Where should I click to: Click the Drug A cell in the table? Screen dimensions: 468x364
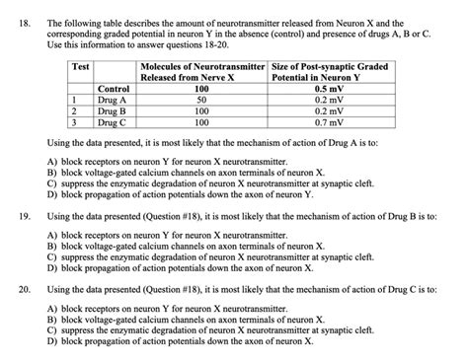click(x=114, y=100)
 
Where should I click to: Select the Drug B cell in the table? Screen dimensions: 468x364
click(x=114, y=111)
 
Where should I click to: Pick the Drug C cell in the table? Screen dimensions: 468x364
click(x=114, y=123)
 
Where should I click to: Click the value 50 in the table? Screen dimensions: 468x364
click(x=201, y=100)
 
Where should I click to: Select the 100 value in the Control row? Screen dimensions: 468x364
click(x=201, y=89)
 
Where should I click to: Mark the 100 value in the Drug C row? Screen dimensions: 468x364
click(x=201, y=123)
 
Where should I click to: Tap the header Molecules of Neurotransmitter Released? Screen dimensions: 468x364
click(x=201, y=71)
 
